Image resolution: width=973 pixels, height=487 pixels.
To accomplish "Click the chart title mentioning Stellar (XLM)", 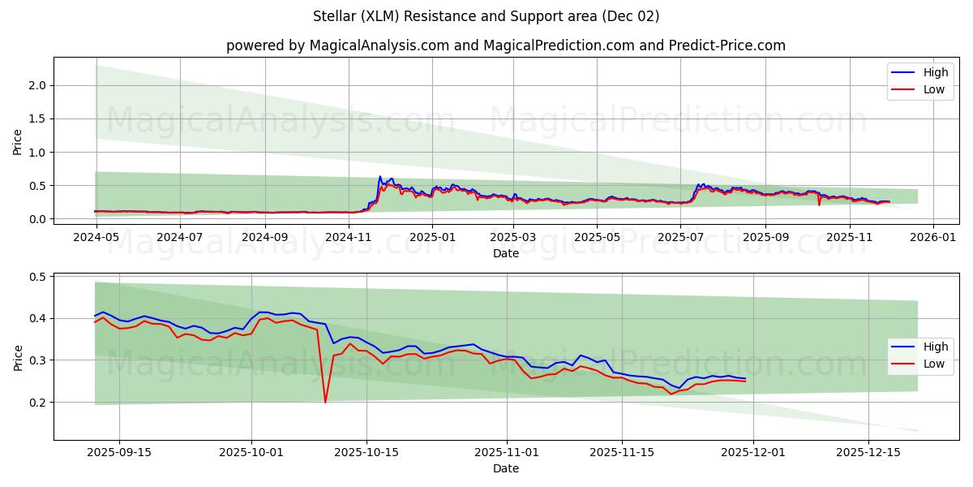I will click(486, 16).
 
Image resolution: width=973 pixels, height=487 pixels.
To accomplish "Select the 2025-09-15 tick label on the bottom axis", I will click(119, 453).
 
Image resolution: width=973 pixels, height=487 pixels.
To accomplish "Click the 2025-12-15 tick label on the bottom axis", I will click(868, 453).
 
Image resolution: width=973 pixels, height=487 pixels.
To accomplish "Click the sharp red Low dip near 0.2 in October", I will click(325, 402).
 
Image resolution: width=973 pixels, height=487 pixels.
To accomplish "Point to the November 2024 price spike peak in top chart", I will click(379, 176).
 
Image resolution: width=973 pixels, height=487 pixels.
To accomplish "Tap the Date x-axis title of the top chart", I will click(505, 254).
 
